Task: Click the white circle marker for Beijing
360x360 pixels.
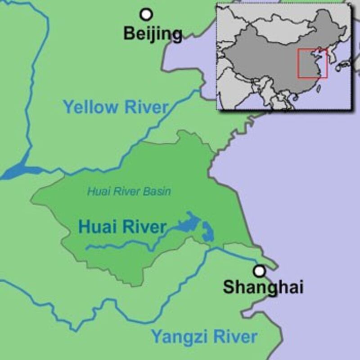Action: (146, 14)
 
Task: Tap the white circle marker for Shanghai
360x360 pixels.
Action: (259, 271)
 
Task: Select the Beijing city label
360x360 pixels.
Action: (153, 33)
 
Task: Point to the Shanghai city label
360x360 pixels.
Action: (263, 287)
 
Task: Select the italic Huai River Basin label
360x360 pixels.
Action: (129, 191)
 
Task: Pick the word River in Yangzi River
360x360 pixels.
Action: (232, 336)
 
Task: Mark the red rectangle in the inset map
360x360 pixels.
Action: (312, 63)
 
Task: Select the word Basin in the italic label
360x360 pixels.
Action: (160, 191)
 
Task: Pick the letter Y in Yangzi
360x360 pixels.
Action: (155, 336)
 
